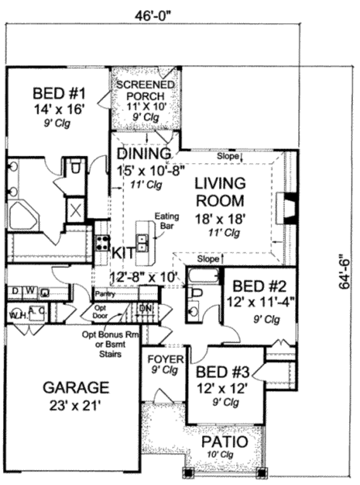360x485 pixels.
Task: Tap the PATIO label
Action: click(x=225, y=442)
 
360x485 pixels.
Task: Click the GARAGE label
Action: click(x=76, y=387)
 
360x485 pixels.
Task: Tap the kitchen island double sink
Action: click(x=142, y=243)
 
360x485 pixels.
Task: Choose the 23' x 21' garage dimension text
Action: click(x=76, y=405)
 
